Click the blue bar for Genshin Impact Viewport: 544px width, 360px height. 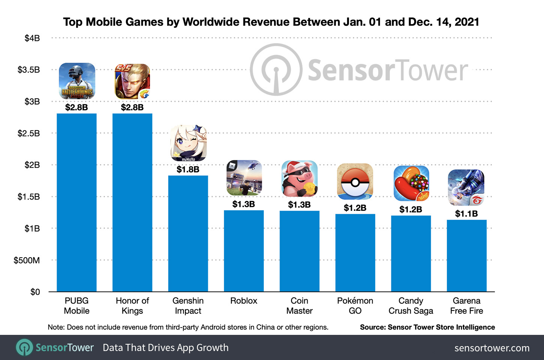click(x=188, y=233)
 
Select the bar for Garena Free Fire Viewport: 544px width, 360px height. click(x=466, y=255)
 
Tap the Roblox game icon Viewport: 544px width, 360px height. click(x=244, y=178)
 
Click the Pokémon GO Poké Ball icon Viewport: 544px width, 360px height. click(x=355, y=182)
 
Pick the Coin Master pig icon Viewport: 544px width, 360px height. click(x=299, y=179)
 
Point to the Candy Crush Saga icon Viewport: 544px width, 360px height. click(x=411, y=183)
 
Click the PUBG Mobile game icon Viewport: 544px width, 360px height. click(x=77, y=81)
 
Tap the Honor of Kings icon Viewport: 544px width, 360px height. click(x=132, y=81)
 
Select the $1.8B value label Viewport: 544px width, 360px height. click(x=188, y=169)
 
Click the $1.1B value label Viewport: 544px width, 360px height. click(x=466, y=214)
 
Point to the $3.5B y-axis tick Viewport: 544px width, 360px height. click(x=29, y=70)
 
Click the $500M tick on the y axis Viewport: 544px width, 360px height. click(x=27, y=260)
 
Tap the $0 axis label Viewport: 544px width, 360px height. click(x=35, y=292)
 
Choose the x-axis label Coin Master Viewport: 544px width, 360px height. click(x=299, y=306)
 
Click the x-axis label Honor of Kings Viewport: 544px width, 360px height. click(x=132, y=306)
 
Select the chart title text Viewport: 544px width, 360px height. click(x=271, y=22)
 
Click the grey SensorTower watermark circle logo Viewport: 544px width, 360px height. click(x=276, y=70)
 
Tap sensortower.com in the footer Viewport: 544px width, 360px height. click(x=492, y=348)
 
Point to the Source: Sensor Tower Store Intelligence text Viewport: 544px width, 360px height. click(x=427, y=327)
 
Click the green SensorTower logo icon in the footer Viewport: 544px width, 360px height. click(x=25, y=347)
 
